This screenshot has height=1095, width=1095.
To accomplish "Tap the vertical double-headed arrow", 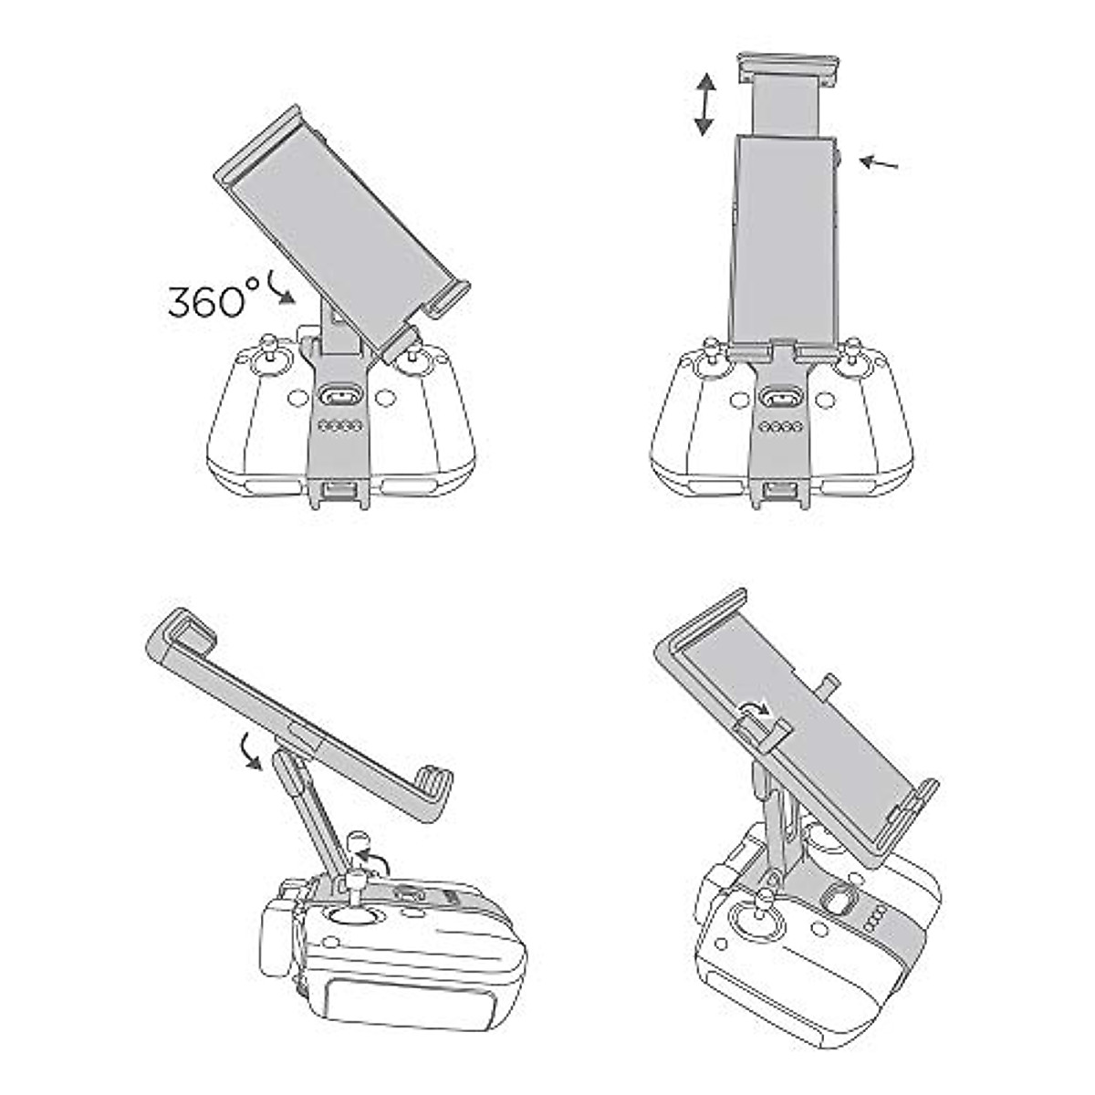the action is coord(705,105).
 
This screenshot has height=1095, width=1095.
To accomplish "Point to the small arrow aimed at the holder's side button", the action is coord(879,163).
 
